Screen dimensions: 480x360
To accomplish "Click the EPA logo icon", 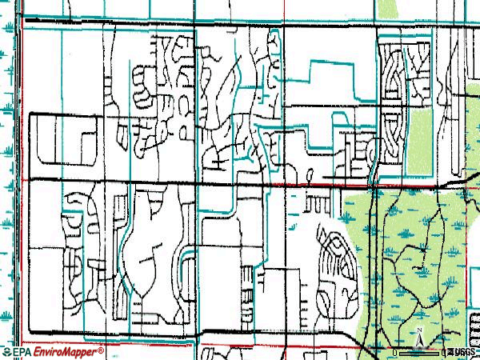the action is [6, 352].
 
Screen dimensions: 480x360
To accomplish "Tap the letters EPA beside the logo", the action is [21, 352].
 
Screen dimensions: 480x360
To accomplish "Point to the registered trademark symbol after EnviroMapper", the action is [101, 350].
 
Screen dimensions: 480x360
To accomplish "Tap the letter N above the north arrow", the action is [418, 330].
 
